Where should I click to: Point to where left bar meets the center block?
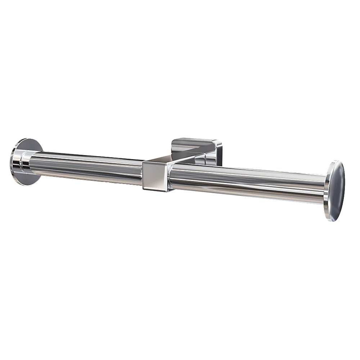point(142,172)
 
